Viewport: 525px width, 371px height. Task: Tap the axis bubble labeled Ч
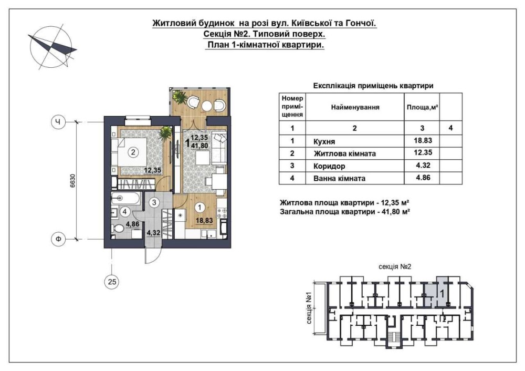pos(58,122)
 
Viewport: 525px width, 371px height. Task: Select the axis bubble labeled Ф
pos(58,239)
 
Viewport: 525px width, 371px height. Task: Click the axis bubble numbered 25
pos(112,282)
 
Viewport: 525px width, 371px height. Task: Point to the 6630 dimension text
pos(73,181)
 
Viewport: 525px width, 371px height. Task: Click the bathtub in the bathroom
pos(125,199)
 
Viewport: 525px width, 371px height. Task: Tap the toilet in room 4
pos(117,229)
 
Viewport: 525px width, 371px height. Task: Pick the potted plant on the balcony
pos(180,98)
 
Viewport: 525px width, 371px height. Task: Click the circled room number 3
pos(154,202)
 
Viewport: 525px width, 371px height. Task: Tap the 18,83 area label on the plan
pos(204,220)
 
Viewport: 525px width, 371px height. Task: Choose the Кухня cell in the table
pos(324,141)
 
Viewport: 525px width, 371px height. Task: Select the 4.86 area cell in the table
pos(423,178)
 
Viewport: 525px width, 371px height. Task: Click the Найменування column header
pos(355,107)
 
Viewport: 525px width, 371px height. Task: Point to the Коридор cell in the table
pos(329,166)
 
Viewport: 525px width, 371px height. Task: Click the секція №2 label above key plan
pos(394,266)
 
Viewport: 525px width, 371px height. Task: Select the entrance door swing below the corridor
pos(151,256)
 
